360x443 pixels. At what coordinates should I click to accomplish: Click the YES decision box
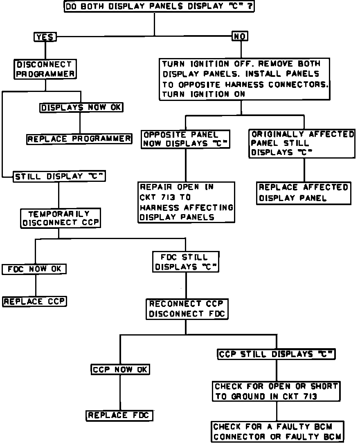click(x=45, y=37)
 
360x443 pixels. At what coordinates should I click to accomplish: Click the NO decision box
click(x=240, y=36)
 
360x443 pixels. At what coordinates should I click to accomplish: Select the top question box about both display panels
click(x=159, y=7)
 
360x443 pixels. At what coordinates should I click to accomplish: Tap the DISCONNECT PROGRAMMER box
click(x=45, y=69)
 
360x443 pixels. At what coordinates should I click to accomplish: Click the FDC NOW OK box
click(x=34, y=270)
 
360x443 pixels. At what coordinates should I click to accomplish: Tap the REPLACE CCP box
click(x=35, y=302)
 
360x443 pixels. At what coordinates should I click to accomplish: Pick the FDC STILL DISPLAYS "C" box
click(x=186, y=262)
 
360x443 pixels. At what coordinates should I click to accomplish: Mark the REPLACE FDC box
click(x=119, y=416)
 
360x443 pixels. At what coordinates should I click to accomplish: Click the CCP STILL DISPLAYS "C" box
click(x=277, y=354)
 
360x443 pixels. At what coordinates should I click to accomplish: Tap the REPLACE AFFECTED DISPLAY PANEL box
click(x=304, y=192)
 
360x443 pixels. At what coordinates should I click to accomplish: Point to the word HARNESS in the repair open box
click(x=157, y=208)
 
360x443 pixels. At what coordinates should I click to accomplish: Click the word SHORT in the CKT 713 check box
click(x=324, y=386)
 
